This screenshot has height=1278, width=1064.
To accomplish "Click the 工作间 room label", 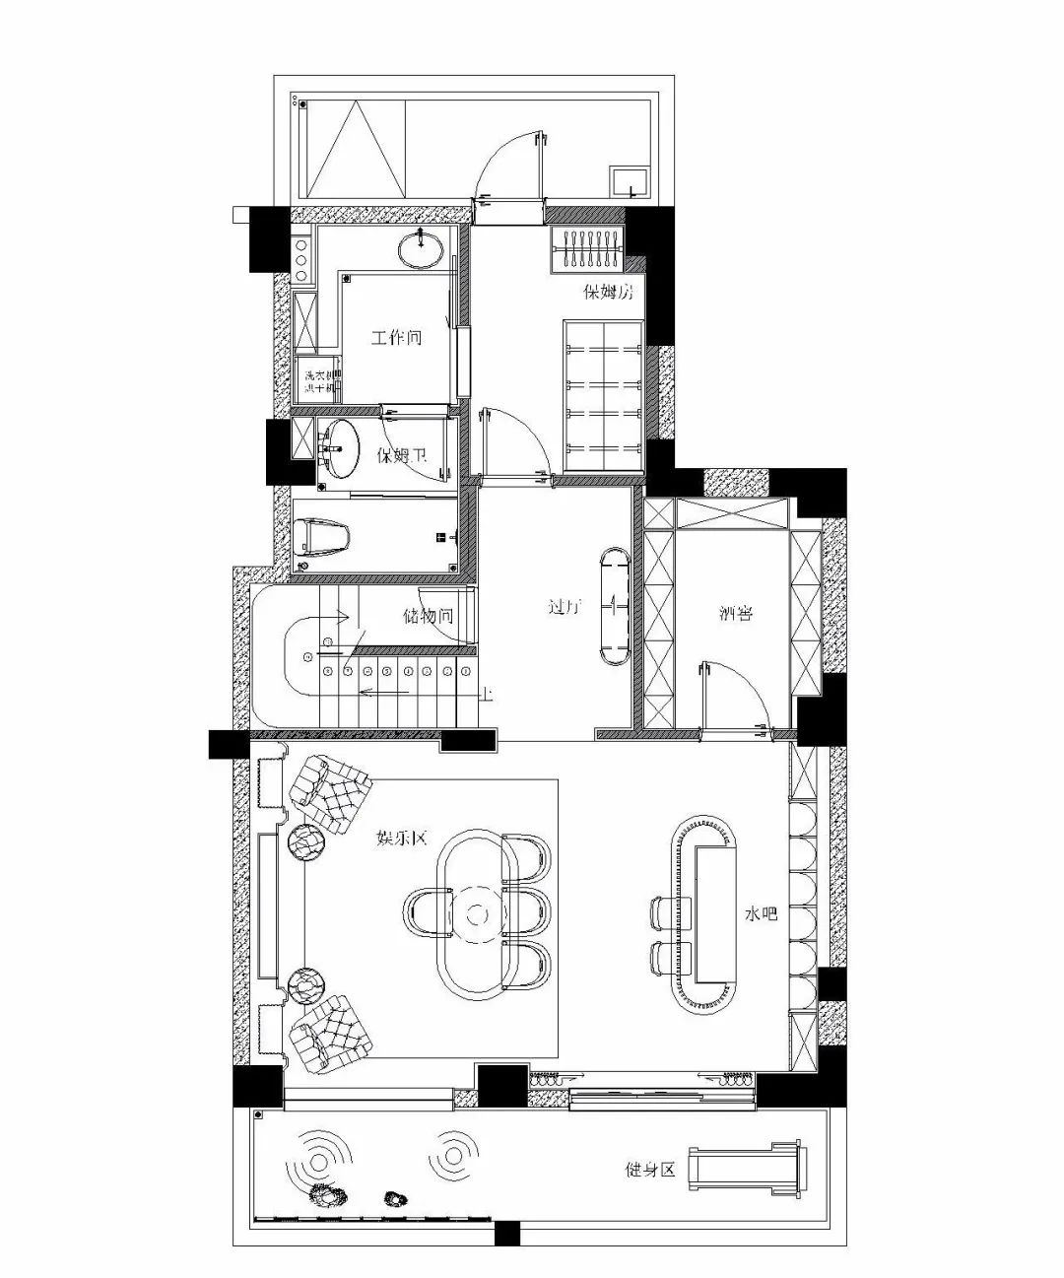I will [396, 338].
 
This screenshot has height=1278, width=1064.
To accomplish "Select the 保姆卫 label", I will [402, 455].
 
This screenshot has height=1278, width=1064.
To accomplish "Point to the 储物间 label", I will [428, 617].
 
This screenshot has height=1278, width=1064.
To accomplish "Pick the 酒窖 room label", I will [736, 614].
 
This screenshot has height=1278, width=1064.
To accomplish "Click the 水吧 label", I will [761, 914].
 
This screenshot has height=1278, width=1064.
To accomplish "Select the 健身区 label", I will [651, 1171].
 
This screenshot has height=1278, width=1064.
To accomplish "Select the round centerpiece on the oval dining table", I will [478, 914].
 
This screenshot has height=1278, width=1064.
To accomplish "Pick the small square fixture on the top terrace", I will [627, 181].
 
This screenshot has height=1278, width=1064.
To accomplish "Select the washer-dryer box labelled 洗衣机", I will [315, 381].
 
